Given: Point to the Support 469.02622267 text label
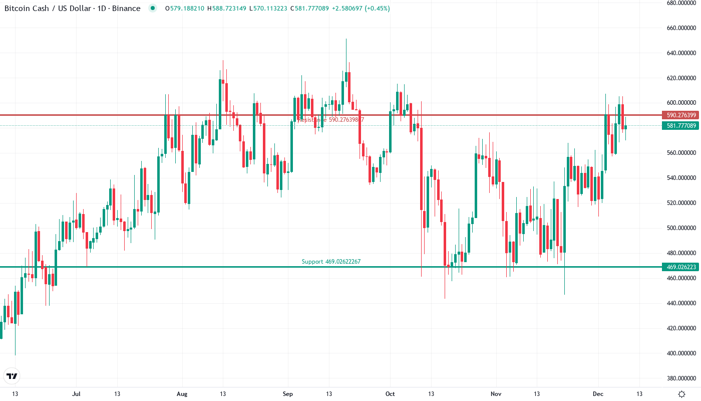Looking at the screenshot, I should [331, 262].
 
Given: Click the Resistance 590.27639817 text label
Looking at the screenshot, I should [331, 120].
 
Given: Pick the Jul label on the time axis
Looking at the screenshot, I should [76, 394].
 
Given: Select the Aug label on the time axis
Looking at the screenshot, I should [182, 394].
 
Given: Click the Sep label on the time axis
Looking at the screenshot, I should [287, 394].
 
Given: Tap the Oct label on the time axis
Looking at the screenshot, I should [390, 394].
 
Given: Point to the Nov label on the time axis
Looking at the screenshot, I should [496, 394].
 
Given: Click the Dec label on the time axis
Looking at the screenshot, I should [599, 394].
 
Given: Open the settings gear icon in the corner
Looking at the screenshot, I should [681, 394].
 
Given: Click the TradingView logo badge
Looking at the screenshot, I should [12, 376].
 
